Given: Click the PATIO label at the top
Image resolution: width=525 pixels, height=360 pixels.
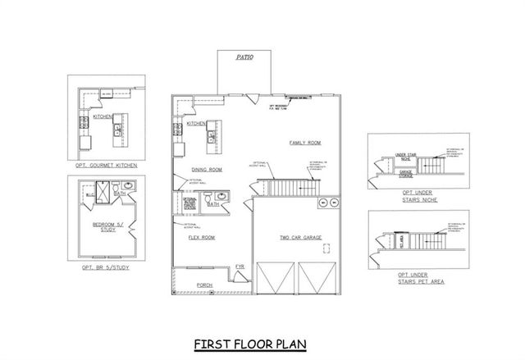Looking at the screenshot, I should [x=244, y=58].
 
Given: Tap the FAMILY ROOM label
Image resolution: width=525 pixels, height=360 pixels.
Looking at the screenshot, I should [x=304, y=143].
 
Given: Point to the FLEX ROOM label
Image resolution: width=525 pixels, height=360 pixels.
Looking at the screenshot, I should [x=202, y=238].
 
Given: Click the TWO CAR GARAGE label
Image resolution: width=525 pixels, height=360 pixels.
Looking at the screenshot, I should [x=300, y=238].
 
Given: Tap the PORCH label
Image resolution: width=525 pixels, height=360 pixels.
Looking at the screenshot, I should [x=204, y=285].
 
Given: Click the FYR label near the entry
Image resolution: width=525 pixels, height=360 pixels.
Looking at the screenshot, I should [x=240, y=267].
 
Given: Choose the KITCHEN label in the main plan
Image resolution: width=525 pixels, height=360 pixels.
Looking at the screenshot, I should [x=196, y=124].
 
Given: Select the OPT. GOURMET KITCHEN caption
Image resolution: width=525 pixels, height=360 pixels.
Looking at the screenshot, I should [x=106, y=165].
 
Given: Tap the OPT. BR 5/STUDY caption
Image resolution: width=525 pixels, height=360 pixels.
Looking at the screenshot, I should [x=106, y=268].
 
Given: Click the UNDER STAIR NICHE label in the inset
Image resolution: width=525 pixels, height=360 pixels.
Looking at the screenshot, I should [x=408, y=155].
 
